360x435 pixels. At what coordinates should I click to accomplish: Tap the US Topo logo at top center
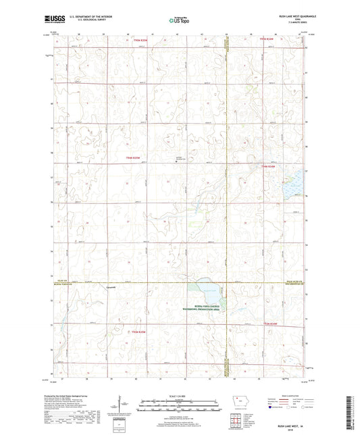179,20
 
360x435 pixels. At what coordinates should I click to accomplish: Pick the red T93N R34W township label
269,326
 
